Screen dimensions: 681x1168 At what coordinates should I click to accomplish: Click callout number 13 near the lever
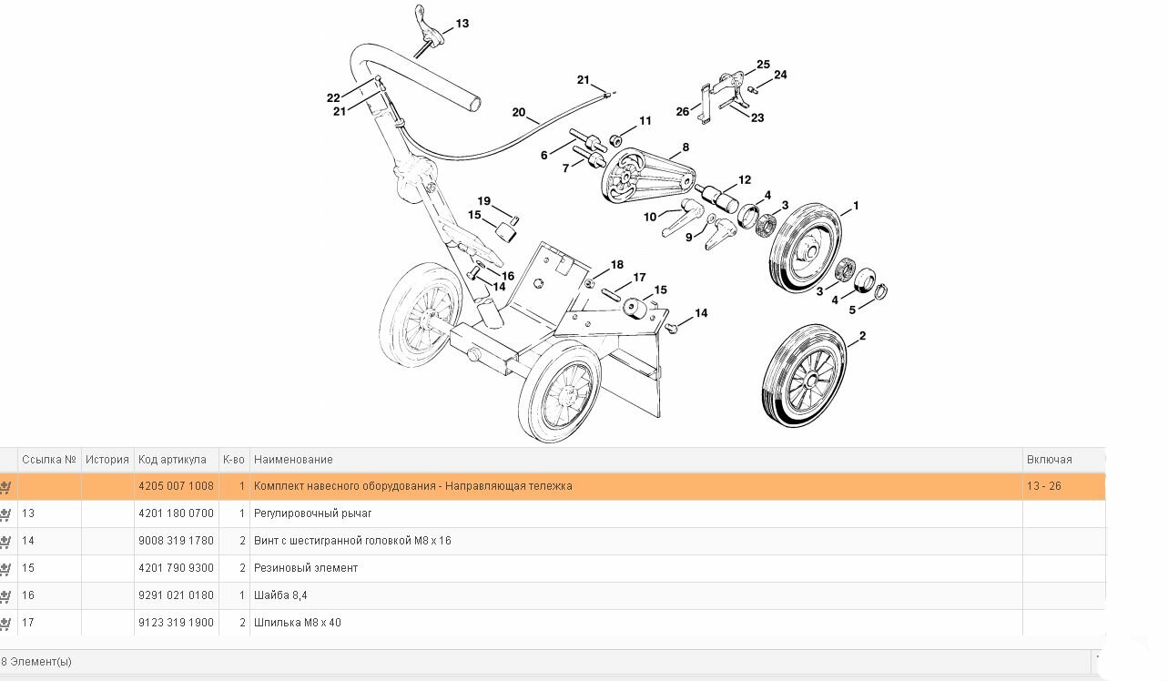click(x=462, y=24)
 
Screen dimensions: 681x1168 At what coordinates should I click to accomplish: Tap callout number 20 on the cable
click(x=519, y=113)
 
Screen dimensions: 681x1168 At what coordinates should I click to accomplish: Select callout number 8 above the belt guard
click(x=686, y=147)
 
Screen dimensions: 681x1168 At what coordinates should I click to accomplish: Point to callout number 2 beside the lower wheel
click(x=862, y=337)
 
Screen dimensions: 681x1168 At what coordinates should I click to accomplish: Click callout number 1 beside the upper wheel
click(x=856, y=207)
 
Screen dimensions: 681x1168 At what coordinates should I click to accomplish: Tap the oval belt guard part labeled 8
click(x=645, y=176)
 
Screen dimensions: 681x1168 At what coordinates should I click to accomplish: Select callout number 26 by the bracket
click(x=683, y=112)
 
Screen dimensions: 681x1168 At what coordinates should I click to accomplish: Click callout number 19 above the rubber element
click(x=484, y=201)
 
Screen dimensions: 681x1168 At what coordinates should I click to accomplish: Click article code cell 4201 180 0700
click(x=176, y=513)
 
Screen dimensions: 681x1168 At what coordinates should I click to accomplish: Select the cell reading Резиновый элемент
click(x=306, y=568)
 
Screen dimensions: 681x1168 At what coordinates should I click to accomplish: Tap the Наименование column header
click(x=293, y=460)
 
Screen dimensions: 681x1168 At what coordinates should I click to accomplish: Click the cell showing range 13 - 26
click(x=1043, y=486)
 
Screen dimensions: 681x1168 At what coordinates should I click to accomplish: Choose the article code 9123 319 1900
click(x=176, y=623)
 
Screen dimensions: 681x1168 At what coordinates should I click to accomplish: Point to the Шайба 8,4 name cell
click(x=280, y=595)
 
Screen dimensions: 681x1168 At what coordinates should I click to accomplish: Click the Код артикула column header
click(x=172, y=460)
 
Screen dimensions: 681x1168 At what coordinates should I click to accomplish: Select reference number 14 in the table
click(x=28, y=541)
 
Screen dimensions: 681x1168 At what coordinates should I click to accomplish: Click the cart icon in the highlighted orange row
click(x=5, y=487)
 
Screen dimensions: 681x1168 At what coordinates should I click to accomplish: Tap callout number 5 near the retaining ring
click(x=852, y=310)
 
